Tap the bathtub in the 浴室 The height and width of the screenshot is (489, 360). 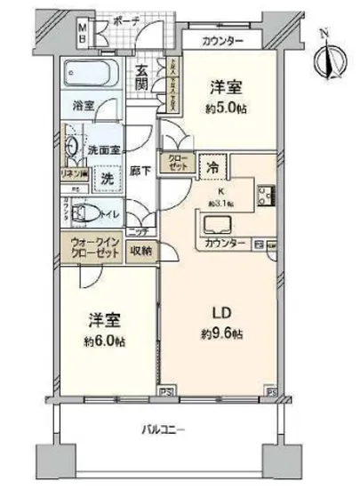[92, 76]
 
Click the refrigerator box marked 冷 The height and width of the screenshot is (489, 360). [213, 166]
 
